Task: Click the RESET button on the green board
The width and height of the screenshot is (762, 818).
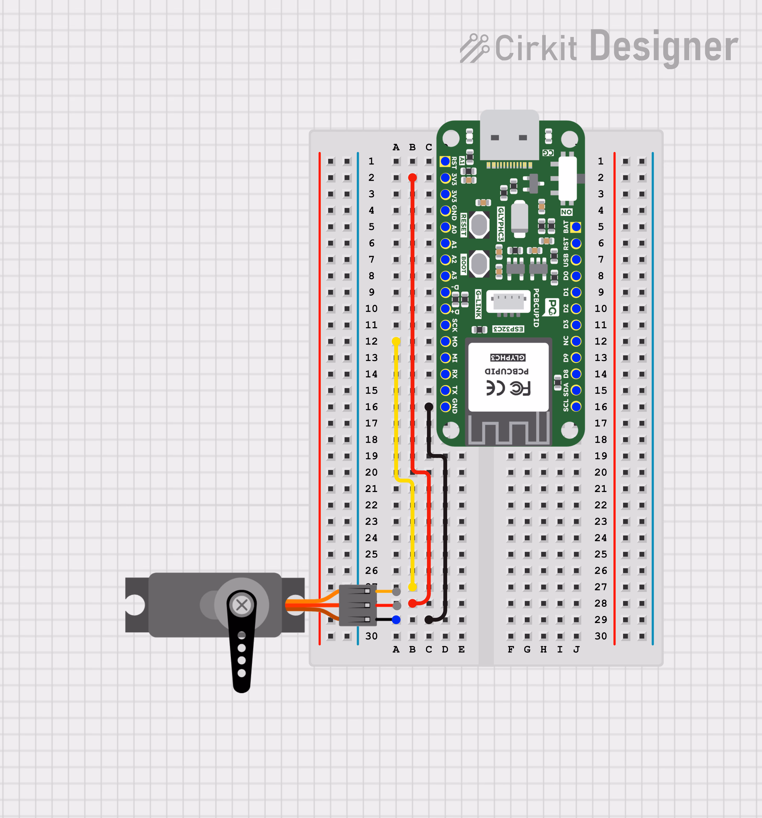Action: pyautogui.click(x=479, y=225)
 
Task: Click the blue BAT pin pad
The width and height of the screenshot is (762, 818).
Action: pyautogui.click(x=576, y=227)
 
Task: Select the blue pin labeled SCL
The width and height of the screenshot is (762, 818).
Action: pyautogui.click(x=576, y=407)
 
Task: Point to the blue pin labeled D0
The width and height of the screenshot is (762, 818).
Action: pyautogui.click(x=576, y=276)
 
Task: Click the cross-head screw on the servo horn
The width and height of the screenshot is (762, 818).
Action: pyautogui.click(x=242, y=605)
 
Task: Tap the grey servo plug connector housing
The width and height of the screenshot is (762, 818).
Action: pyautogui.click(x=357, y=605)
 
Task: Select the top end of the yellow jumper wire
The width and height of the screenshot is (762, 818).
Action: pyautogui.click(x=396, y=341)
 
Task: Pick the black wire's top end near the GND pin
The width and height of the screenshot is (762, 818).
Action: pyautogui.click(x=429, y=407)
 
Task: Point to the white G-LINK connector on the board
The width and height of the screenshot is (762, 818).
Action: pyautogui.click(x=509, y=302)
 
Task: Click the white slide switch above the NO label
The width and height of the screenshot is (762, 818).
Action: pyautogui.click(x=567, y=178)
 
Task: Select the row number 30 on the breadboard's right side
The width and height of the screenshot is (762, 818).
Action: pyautogui.click(x=601, y=636)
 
